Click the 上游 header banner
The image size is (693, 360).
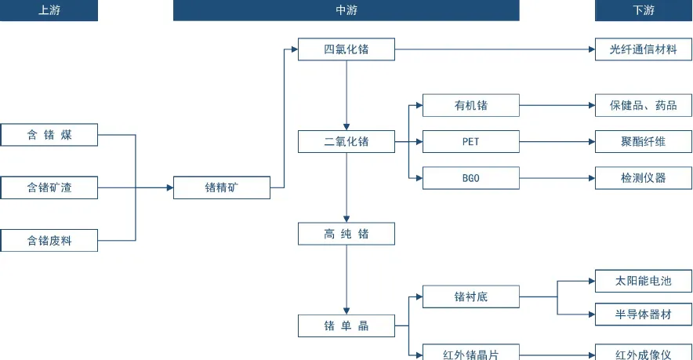(49, 10)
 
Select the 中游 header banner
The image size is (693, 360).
(346, 10)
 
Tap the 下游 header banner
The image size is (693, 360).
(643, 10)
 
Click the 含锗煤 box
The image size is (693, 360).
(49, 135)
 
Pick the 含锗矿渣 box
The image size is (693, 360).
(49, 187)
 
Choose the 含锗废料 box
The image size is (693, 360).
(49, 241)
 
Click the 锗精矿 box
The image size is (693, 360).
(222, 187)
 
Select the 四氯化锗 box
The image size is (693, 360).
(346, 49)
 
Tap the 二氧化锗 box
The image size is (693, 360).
(346, 142)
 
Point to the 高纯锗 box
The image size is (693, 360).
(346, 234)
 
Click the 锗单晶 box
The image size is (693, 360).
(346, 325)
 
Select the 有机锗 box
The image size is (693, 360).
(470, 105)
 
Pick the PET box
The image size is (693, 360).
(470, 142)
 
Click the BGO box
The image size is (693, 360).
(470, 178)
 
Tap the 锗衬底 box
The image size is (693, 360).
(470, 296)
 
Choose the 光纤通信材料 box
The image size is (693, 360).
(643, 49)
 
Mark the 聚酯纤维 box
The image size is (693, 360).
(643, 142)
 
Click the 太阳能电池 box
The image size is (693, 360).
(643, 281)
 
